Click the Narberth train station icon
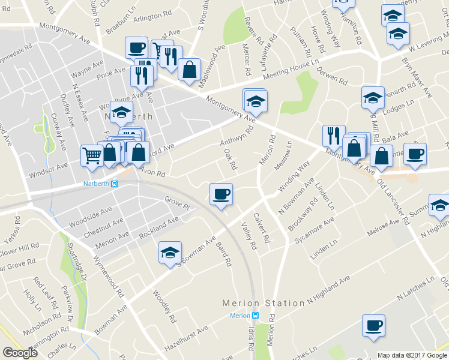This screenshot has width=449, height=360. coord(114,185)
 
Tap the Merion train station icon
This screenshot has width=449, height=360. coord(256,316)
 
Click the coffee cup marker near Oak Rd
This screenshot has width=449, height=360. coord(221,194)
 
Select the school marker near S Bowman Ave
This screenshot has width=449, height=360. coord(170,253)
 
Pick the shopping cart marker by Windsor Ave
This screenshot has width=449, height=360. coord(92,155)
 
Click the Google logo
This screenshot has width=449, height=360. coord(20,353)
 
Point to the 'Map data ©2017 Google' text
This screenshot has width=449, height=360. coord(412,355)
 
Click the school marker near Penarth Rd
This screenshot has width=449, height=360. coord(373,97)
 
